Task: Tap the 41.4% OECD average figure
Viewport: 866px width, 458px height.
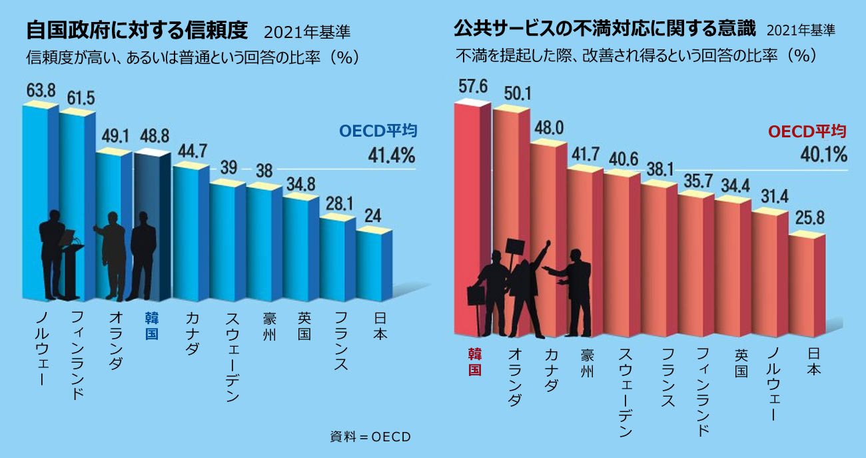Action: coord(392,157)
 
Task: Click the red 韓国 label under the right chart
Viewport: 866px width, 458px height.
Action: coord(474,361)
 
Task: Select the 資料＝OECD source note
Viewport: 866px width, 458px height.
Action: coord(370,437)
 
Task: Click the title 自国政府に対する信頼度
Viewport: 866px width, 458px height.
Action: coord(137,31)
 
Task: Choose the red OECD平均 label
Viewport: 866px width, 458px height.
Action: coord(807,131)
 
